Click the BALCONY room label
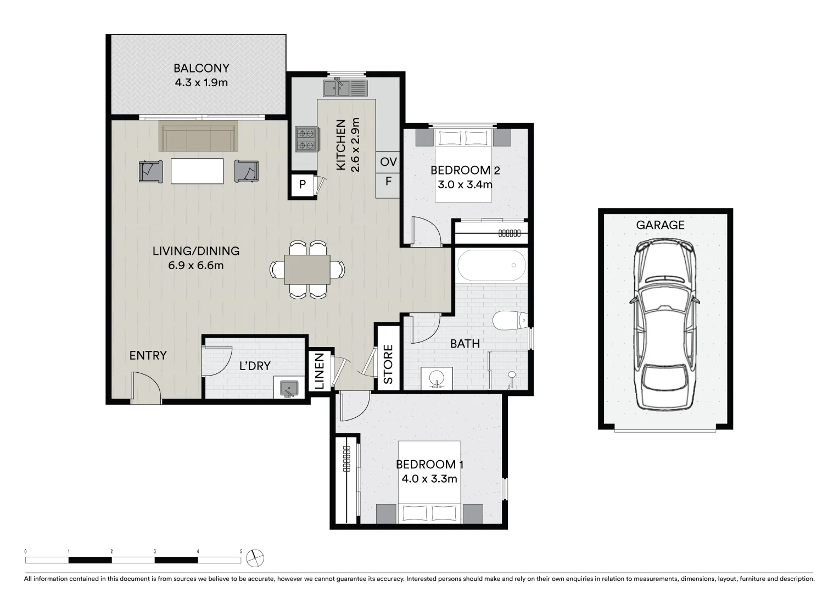coord(201,68)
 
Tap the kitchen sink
coord(344,87)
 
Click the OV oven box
coord(388,162)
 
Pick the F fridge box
coord(388,181)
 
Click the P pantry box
coord(302,185)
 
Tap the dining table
coord(307,269)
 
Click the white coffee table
coord(197,171)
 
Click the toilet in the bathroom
coord(509,320)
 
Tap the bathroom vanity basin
coord(437,378)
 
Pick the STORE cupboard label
coord(388,365)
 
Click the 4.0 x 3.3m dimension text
coord(429,479)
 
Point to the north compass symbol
coord(255,558)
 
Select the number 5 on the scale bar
coord(240,551)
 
